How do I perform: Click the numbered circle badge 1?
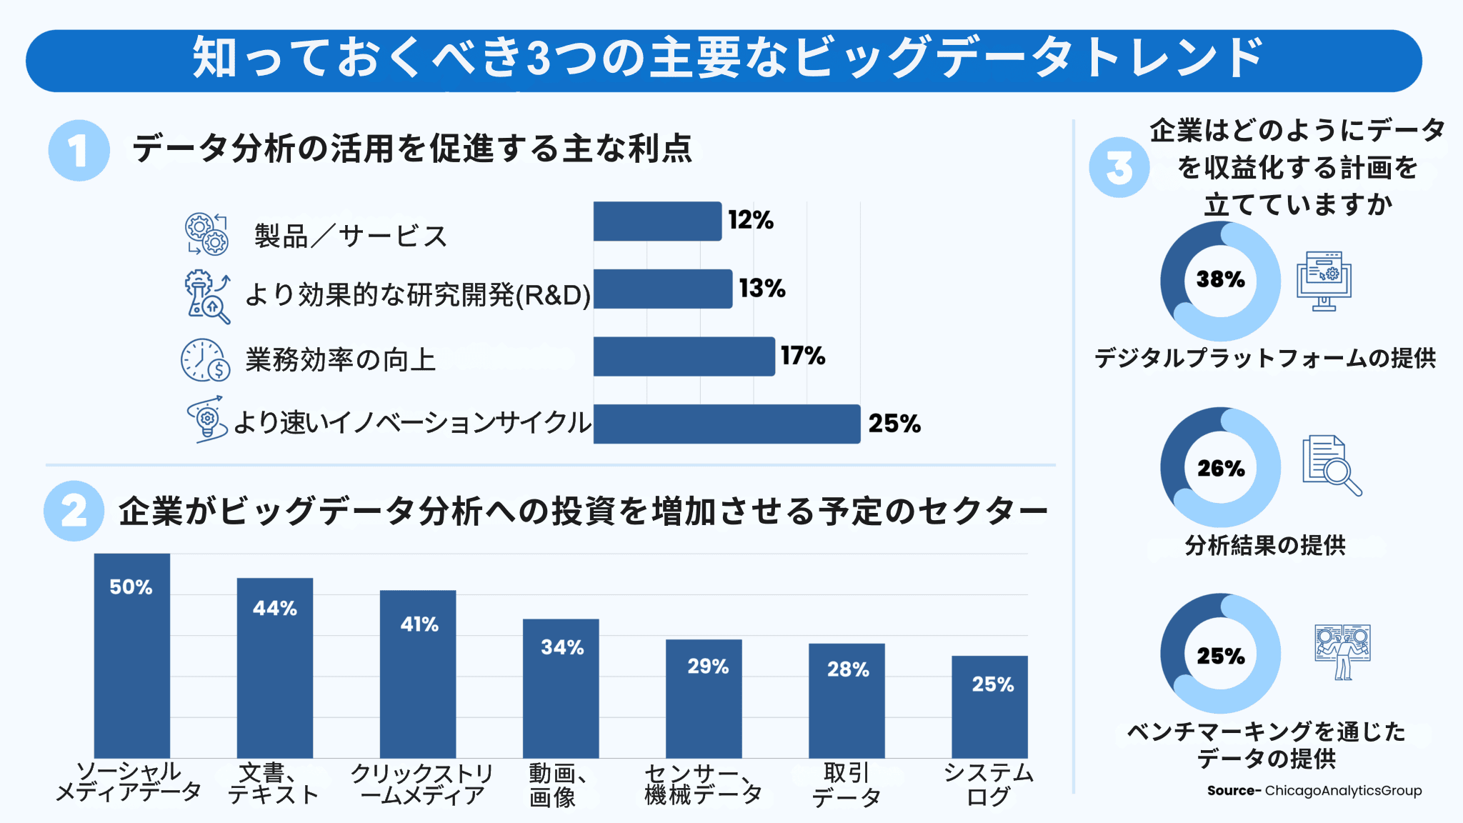(x=79, y=151)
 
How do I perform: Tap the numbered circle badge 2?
(x=74, y=511)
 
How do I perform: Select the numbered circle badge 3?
(x=1119, y=168)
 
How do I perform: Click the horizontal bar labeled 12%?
(x=656, y=221)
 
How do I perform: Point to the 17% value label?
(x=803, y=356)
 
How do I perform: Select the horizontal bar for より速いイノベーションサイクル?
(x=726, y=424)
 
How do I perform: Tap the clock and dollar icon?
(x=205, y=360)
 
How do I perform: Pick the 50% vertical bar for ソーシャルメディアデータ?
(x=132, y=655)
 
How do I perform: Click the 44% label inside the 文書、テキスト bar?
(x=275, y=609)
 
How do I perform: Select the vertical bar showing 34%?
(x=561, y=688)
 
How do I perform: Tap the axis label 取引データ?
(x=847, y=784)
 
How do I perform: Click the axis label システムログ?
(x=989, y=784)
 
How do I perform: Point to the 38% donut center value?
(x=1220, y=279)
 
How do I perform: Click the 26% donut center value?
(x=1220, y=469)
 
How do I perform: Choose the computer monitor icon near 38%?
(x=1324, y=281)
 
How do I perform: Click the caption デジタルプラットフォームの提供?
(x=1265, y=358)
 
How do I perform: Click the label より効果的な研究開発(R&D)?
(x=418, y=294)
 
